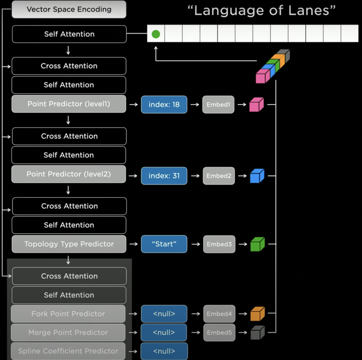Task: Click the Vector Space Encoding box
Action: (x=69, y=9)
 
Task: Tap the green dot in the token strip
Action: (x=156, y=34)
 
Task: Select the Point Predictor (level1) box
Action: (x=69, y=104)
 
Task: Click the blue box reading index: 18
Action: (x=164, y=105)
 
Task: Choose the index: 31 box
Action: (x=164, y=176)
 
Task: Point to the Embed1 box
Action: (x=218, y=105)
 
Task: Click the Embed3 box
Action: (x=219, y=244)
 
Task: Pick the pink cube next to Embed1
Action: (x=256, y=105)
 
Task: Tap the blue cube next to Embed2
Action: (x=257, y=176)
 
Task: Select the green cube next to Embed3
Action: (x=258, y=244)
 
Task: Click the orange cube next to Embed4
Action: (x=258, y=314)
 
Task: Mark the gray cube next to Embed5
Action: (x=258, y=333)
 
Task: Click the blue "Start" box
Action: (x=164, y=244)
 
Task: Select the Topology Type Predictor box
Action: (x=69, y=244)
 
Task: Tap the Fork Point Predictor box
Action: (x=68, y=314)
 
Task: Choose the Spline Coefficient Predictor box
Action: (x=68, y=351)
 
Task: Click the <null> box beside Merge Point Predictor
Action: (x=164, y=333)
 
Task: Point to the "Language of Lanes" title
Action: (x=261, y=11)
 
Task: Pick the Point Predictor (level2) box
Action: (x=69, y=174)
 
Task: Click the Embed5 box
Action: (x=219, y=333)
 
